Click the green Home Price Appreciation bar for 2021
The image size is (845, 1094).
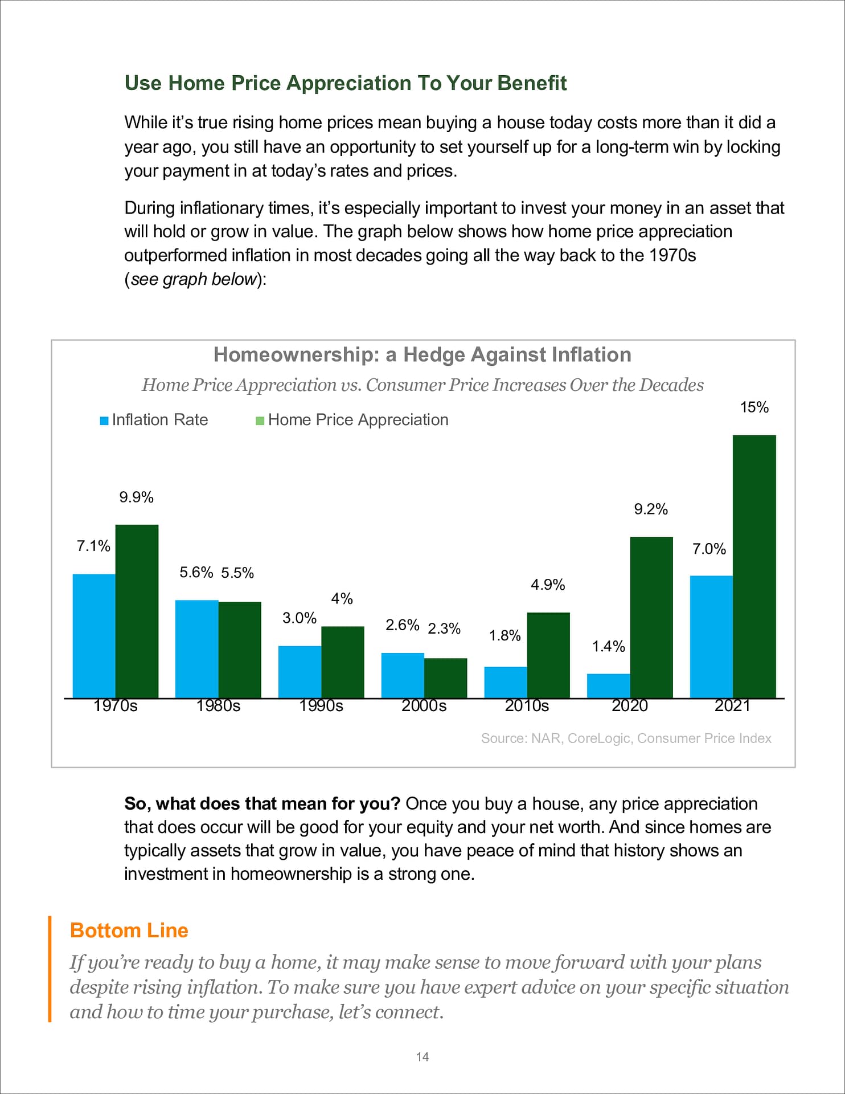(x=754, y=566)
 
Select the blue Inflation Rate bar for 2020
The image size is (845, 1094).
(x=608, y=686)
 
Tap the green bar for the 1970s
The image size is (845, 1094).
(x=137, y=611)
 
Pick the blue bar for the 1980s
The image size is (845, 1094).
(x=196, y=649)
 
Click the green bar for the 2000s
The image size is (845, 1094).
(x=445, y=678)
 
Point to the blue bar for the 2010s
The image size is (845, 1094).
(x=505, y=682)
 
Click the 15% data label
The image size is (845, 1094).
(x=754, y=407)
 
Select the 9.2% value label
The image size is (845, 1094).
(x=651, y=509)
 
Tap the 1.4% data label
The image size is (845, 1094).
(x=608, y=646)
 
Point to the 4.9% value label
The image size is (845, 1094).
(x=548, y=585)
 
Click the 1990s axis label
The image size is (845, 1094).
(x=321, y=706)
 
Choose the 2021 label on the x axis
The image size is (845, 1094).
(x=732, y=706)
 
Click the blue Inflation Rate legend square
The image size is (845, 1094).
(x=104, y=421)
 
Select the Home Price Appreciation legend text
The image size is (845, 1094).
(x=358, y=420)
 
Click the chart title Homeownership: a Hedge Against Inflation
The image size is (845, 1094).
(x=422, y=354)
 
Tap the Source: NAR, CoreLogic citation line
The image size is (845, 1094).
(x=626, y=738)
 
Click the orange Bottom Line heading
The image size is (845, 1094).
(x=129, y=930)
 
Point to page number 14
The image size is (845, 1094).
(x=422, y=1057)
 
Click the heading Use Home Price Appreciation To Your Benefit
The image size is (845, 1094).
(x=345, y=83)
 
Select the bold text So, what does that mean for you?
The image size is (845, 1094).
(x=262, y=803)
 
